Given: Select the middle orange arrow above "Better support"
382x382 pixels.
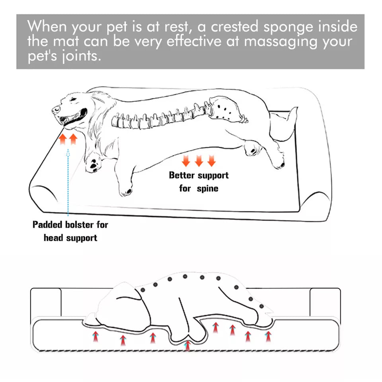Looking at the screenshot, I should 199,161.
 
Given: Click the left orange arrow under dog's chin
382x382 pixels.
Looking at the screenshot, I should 63,139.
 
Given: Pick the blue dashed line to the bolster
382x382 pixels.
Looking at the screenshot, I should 68,183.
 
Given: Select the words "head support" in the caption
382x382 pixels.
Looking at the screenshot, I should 70,238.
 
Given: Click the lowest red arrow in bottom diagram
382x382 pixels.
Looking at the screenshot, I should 187,345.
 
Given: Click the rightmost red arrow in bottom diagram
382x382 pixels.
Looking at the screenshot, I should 268,337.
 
